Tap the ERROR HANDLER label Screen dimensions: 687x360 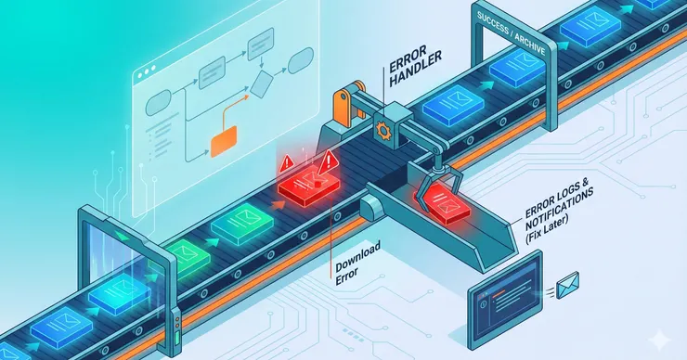[x=414, y=66]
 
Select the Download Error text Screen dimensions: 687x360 [x=357, y=263]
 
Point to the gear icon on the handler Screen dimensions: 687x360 [x=382, y=131]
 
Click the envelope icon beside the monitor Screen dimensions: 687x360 [x=568, y=285]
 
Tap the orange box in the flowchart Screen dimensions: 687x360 [x=224, y=141]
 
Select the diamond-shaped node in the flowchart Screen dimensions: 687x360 [x=262, y=84]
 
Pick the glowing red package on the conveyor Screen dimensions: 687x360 [x=308, y=186]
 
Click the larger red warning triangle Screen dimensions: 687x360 [x=328, y=163]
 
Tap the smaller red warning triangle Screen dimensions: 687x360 [x=287, y=163]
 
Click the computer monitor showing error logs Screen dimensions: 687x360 [x=505, y=300]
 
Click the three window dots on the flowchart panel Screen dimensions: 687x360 [x=147, y=72]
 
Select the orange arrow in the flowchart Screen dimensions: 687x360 [x=235, y=109]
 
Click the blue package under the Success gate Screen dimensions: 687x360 [x=517, y=67]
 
